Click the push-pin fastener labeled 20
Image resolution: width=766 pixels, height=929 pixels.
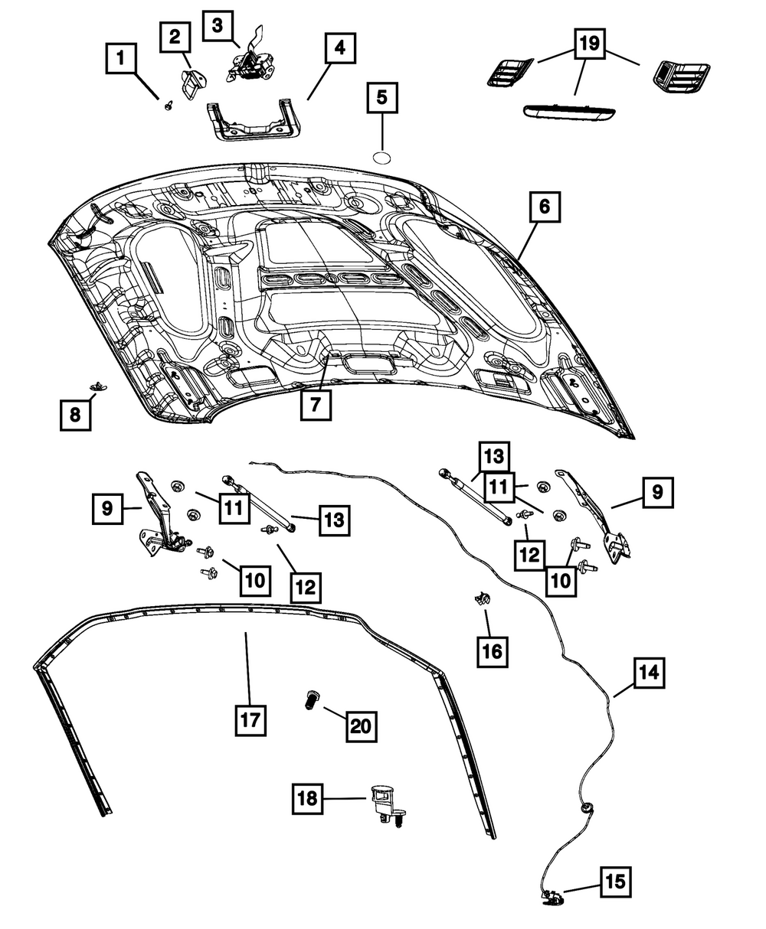point(310,699)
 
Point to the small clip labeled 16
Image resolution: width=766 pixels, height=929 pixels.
point(481,598)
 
